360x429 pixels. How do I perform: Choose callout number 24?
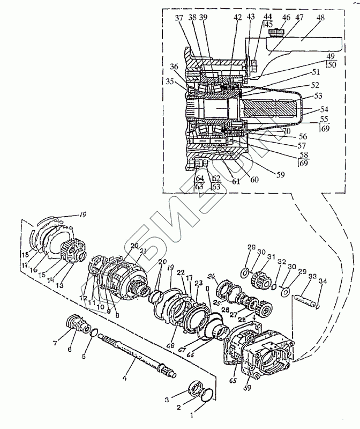coord(211,277)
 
